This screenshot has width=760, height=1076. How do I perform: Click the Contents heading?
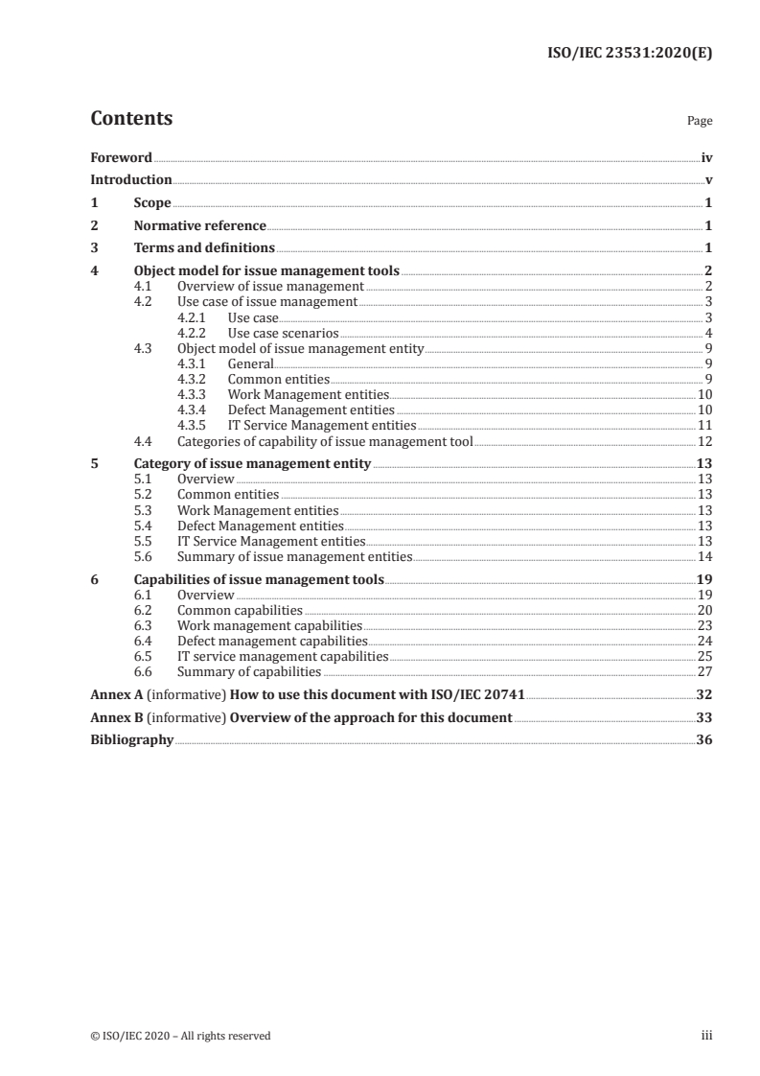(131, 119)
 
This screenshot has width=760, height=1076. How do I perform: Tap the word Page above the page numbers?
(700, 122)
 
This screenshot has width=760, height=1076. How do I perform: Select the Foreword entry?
(121, 157)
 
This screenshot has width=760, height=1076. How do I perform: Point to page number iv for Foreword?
(706, 157)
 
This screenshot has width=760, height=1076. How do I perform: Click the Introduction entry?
(131, 180)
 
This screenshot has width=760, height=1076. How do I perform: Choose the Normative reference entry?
(200, 226)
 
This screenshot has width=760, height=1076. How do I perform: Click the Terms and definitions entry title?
(204, 249)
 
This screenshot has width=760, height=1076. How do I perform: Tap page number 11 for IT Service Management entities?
(703, 425)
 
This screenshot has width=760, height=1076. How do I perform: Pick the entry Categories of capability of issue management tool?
(325, 441)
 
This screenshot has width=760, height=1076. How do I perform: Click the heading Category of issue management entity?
(252, 464)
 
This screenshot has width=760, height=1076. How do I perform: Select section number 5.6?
(143, 556)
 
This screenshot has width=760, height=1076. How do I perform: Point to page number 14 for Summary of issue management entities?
(703, 556)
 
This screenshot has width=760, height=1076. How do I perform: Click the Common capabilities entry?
(240, 610)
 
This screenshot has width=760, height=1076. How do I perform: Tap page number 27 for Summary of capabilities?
(703, 671)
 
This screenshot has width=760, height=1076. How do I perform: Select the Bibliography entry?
(132, 740)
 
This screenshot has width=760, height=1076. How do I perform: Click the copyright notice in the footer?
(180, 1036)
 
